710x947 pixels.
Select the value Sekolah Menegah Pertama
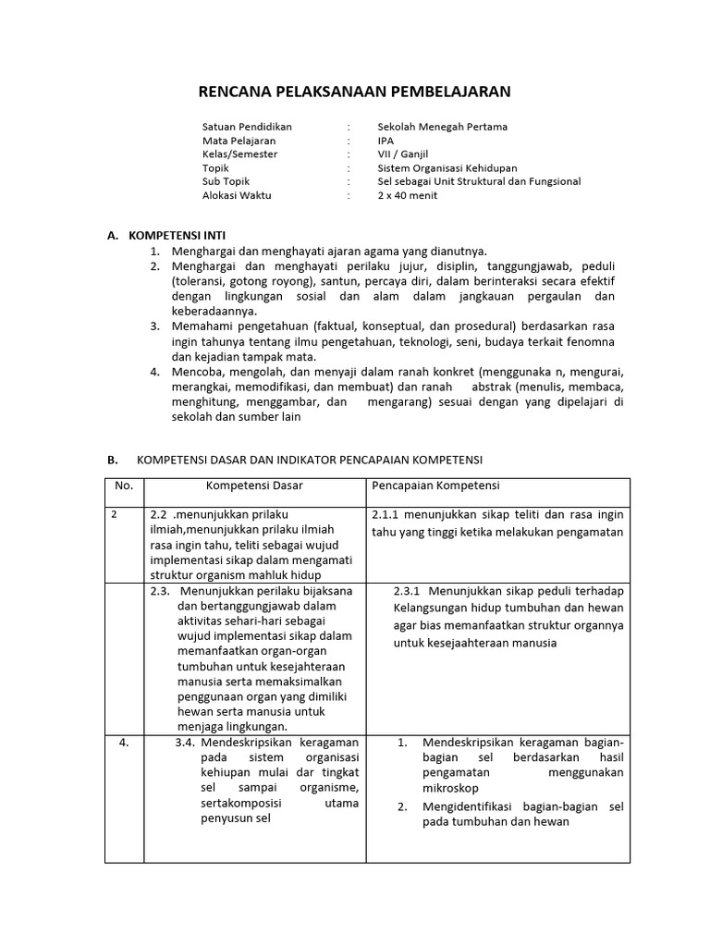click(x=442, y=127)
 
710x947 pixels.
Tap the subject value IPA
click(x=386, y=141)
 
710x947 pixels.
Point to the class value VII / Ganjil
click(x=403, y=154)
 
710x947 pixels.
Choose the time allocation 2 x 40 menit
click(x=407, y=196)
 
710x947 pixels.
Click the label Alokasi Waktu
click(x=237, y=196)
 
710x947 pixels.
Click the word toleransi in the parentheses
click(x=201, y=281)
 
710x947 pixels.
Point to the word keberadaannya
click(x=213, y=312)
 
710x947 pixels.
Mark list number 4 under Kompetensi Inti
click(x=155, y=372)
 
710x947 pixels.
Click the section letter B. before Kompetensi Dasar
click(x=113, y=460)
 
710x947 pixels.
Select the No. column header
click(x=124, y=486)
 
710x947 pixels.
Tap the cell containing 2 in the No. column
click(x=114, y=515)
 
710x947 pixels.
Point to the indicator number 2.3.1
click(x=407, y=591)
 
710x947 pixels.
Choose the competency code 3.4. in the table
click(x=185, y=742)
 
